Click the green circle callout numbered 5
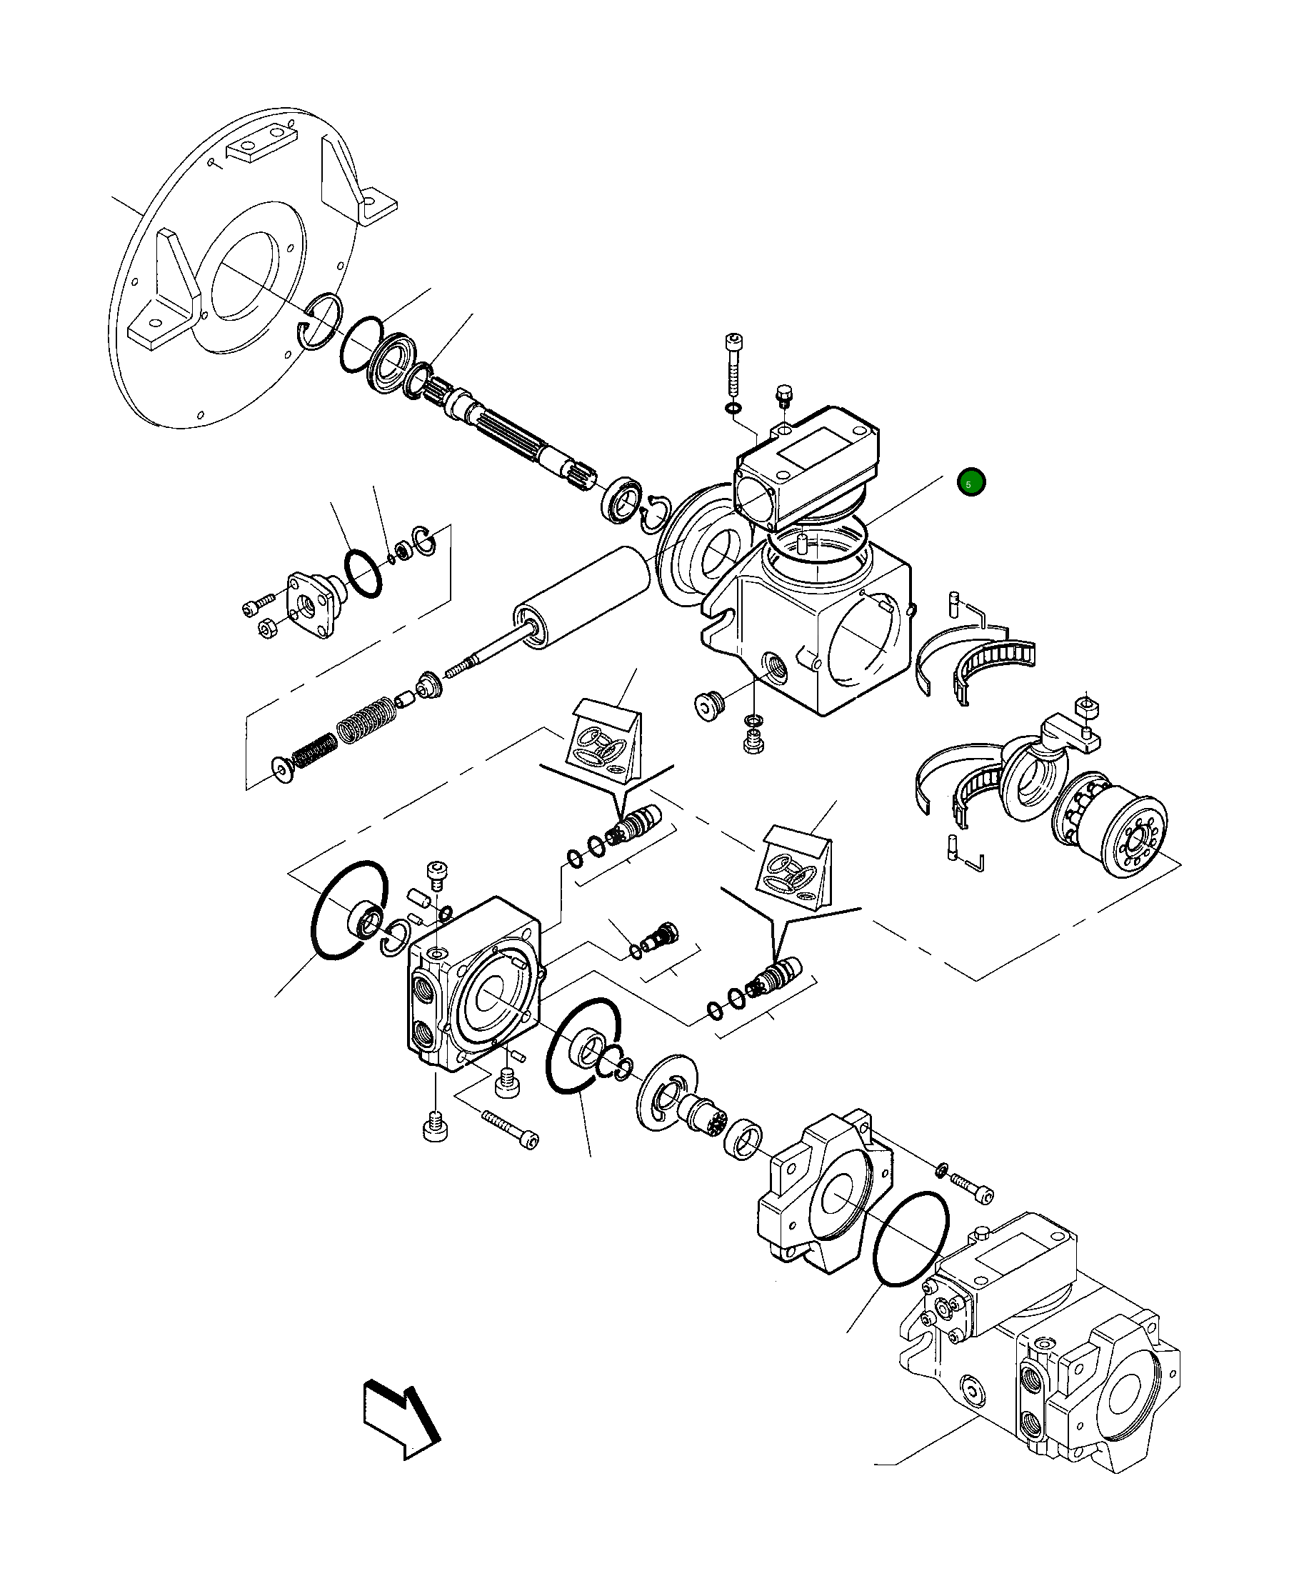pyautogui.click(x=970, y=483)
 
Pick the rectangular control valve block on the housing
pyautogui.click(x=806, y=464)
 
